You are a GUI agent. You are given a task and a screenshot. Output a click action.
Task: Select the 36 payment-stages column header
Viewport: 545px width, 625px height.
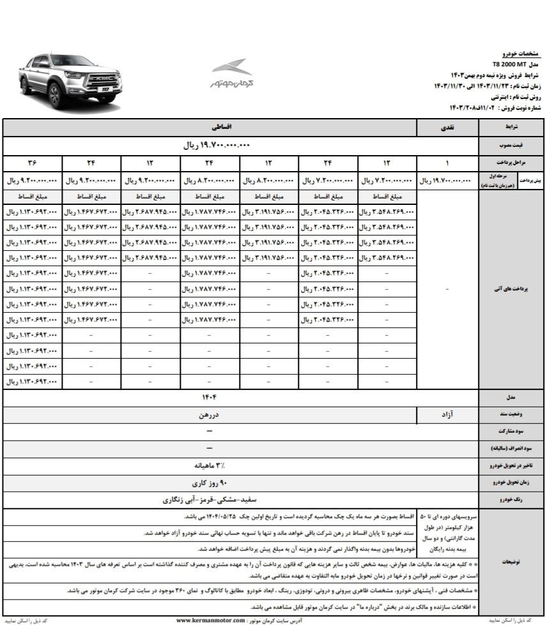pos(33,162)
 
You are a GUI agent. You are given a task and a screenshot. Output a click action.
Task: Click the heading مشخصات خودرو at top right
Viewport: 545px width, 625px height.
pos(518,55)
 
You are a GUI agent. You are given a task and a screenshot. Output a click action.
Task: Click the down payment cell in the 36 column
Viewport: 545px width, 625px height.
pos(33,180)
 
